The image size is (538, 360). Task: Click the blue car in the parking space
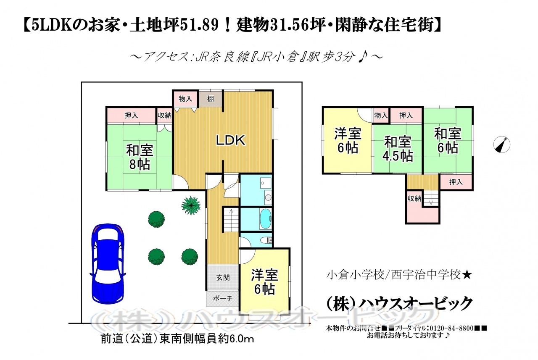click(x=108, y=264)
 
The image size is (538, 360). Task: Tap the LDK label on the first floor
click(x=231, y=140)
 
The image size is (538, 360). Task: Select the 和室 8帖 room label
click(x=140, y=157)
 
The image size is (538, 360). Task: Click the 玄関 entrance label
click(x=223, y=278)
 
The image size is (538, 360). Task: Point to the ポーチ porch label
click(x=223, y=298)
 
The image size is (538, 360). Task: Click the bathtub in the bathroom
click(x=265, y=218)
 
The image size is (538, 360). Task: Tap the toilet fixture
click(x=266, y=240)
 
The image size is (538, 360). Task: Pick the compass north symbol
click(x=502, y=145)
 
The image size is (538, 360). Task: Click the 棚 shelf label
click(x=211, y=99)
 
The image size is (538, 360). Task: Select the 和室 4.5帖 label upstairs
click(x=398, y=149)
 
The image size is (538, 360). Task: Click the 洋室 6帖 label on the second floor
click(x=348, y=141)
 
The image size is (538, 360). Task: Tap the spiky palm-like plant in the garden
click(x=191, y=205)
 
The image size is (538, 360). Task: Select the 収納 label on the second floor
click(x=414, y=198)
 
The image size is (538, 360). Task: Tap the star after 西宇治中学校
click(x=467, y=275)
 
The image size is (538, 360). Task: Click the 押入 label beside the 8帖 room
click(x=131, y=116)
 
